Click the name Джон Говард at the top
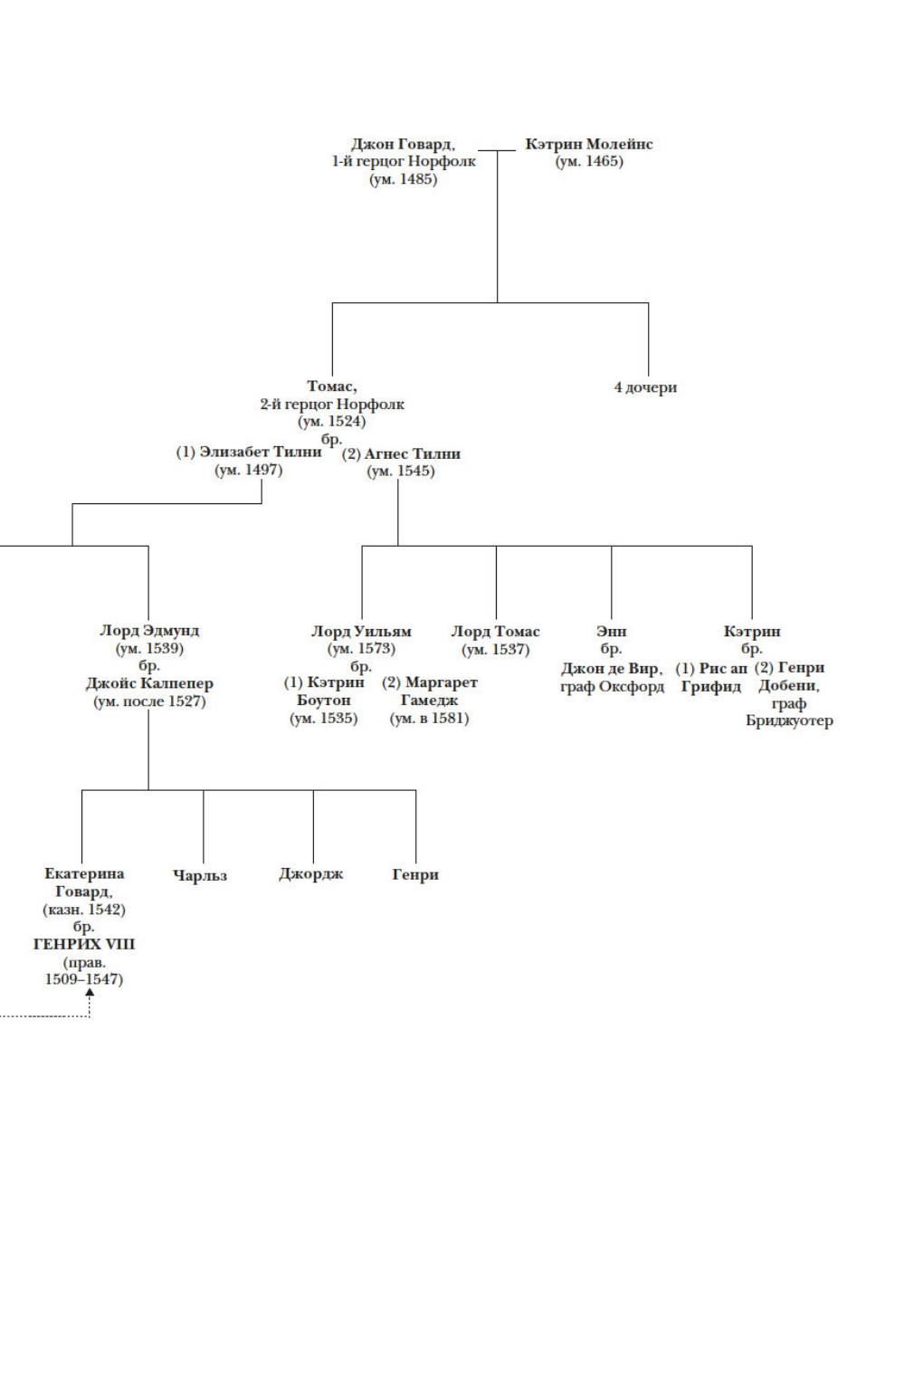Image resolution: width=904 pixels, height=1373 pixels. point(403,144)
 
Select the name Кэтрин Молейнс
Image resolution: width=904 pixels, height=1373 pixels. point(589,144)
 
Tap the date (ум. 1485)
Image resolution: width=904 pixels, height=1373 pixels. point(403,179)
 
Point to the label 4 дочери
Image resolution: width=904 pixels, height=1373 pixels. point(645,387)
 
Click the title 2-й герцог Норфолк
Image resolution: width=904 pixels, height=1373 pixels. point(332,405)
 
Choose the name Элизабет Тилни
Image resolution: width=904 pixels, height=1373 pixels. point(260,452)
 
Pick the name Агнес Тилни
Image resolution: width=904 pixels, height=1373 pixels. point(412,453)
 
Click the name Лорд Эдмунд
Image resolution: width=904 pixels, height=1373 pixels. point(149,630)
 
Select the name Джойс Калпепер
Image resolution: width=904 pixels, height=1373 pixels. point(149,683)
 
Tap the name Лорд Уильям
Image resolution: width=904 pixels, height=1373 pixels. point(361,631)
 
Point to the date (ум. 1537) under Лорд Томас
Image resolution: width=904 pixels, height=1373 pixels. point(496,650)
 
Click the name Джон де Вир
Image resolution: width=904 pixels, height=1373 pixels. point(612,669)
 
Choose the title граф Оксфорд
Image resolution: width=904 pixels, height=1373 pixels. point(612,687)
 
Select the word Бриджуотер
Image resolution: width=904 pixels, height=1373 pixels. point(789,721)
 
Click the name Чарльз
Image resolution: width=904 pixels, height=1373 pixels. point(199,876)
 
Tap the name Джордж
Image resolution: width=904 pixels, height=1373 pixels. point(311,874)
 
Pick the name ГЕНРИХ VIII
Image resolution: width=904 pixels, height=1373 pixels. point(83,944)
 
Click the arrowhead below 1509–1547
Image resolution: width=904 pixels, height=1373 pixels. point(90,992)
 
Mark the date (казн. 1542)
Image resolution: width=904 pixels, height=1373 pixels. point(83,909)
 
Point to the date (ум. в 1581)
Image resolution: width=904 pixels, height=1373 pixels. point(430,719)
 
